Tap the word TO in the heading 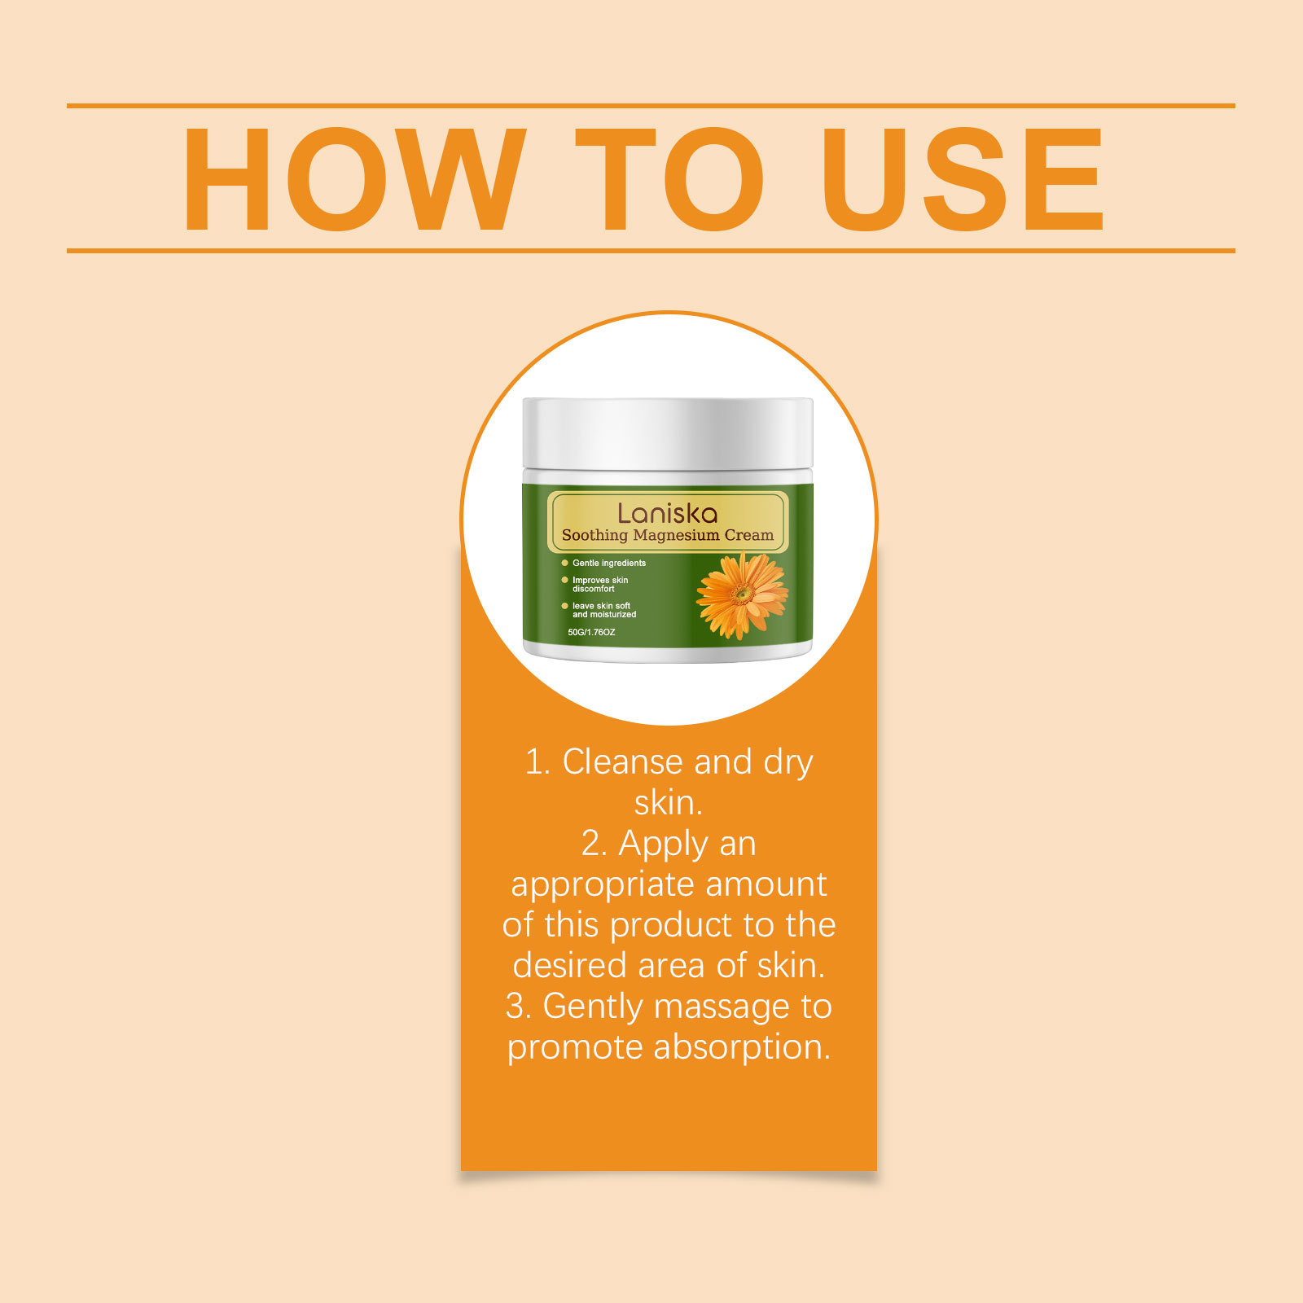(670, 179)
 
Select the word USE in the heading (963, 179)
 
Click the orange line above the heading (651, 106)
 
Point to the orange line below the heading (651, 251)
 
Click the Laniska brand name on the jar (668, 513)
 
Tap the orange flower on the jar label (742, 595)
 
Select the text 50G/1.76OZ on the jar (592, 632)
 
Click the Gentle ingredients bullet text (609, 563)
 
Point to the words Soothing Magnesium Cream (668, 535)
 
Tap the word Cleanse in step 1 (623, 762)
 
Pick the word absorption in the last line (742, 1048)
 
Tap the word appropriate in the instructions (602, 885)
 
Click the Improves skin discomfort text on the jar (600, 584)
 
